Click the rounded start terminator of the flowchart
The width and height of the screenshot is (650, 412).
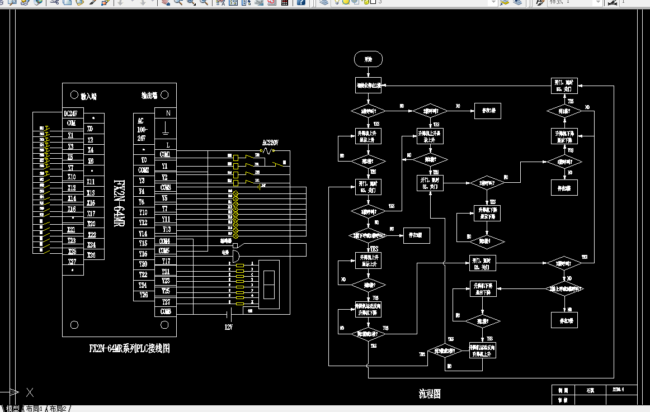coord(368,58)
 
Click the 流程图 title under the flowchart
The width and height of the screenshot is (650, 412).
coord(430,394)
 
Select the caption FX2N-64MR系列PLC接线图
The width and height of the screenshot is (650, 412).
coord(129,348)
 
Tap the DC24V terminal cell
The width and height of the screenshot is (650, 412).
coord(71,113)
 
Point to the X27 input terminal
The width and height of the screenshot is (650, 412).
coord(72,261)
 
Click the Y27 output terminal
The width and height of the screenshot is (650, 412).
coord(166,302)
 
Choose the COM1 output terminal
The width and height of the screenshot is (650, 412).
coord(165,154)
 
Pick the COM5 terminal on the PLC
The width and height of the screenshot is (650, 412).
coord(165,251)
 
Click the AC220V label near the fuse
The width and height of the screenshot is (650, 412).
coord(271,143)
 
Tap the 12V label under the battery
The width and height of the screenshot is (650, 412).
coord(229,326)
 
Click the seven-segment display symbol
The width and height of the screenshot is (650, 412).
coord(269,284)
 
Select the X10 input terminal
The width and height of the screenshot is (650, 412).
coord(72,177)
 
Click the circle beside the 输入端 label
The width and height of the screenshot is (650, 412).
coord(74,95)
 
